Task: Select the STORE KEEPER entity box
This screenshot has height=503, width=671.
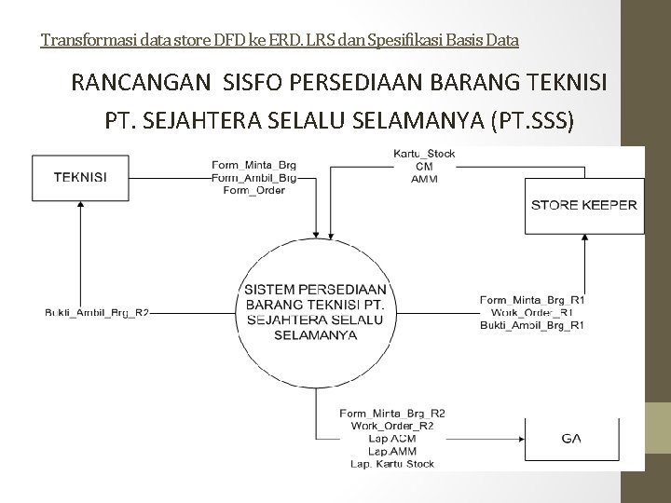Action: point(583,205)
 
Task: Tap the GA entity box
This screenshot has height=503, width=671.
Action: point(572,438)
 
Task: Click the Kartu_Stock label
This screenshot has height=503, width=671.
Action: point(424,155)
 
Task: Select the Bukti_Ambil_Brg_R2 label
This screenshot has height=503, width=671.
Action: point(98,312)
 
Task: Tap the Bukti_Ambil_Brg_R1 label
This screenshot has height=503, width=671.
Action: point(532,325)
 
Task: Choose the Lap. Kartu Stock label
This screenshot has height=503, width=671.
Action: point(391,463)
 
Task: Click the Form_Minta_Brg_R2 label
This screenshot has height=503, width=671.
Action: point(392,413)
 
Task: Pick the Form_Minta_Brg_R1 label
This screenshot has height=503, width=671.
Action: point(532,300)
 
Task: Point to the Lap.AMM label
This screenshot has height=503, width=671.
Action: point(392,451)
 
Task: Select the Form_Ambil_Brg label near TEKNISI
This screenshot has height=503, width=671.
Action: point(254,179)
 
